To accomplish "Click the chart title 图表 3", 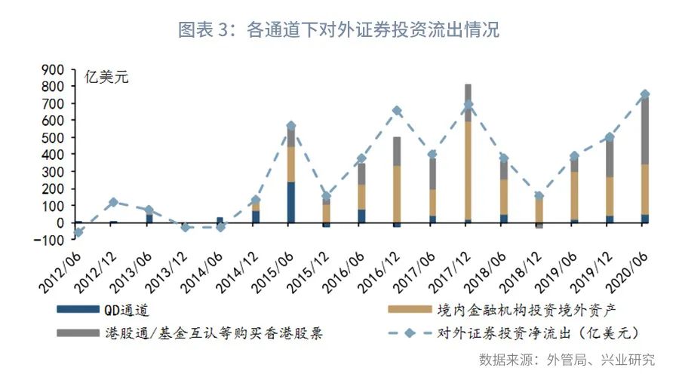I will [339, 30].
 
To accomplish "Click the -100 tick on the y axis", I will [50, 241].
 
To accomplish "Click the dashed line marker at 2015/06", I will [290, 126].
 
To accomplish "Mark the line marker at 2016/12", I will [397, 111].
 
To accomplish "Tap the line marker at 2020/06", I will [645, 94].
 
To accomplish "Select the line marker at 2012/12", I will [113, 202].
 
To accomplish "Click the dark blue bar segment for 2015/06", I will [290, 202].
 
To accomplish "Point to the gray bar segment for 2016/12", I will [397, 151].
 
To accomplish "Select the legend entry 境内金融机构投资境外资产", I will [513, 309].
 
